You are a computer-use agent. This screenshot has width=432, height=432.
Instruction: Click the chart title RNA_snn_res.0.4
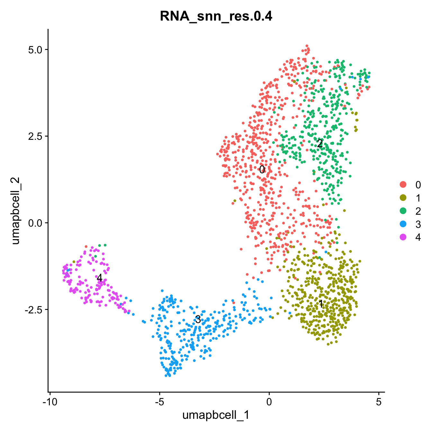tap(216, 16)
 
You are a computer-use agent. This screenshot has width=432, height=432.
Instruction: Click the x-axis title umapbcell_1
tap(216, 415)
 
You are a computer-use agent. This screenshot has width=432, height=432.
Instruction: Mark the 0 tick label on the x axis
tap(269, 402)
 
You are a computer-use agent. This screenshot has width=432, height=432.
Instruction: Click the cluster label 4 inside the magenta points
tap(100, 278)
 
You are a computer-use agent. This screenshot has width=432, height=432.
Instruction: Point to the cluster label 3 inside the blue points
tap(198, 319)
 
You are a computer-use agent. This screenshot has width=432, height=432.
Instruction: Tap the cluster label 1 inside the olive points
tap(320, 304)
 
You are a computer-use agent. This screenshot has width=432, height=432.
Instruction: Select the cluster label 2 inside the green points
tap(319, 144)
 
